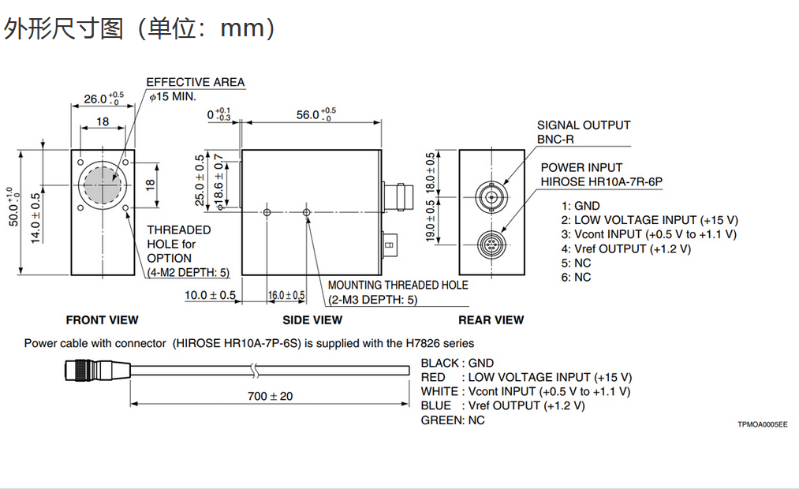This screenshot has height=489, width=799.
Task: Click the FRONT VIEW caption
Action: point(102,320)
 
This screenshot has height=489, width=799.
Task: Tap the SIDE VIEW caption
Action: point(312,320)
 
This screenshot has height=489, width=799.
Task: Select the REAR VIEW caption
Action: point(491,320)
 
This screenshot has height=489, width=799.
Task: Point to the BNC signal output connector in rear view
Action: point(492,194)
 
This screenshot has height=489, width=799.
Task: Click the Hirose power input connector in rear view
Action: point(492,244)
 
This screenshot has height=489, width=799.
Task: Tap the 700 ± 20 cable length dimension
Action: point(270,396)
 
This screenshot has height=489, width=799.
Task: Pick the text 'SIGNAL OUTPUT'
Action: point(584,125)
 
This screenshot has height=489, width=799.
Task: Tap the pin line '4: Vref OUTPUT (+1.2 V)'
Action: point(626,248)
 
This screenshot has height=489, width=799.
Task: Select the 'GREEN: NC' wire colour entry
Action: point(453,420)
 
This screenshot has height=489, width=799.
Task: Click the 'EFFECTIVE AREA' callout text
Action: point(196,82)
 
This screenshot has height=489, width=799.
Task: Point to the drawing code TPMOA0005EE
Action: point(762,424)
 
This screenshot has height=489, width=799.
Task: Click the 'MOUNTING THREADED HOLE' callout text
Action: point(398,285)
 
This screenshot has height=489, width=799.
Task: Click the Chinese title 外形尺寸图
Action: point(64,29)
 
